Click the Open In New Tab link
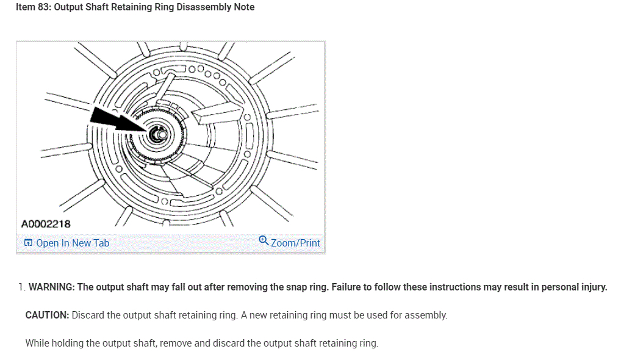point(73,243)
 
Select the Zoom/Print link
point(295,243)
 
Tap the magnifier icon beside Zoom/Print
point(264,240)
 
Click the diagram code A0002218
point(46,224)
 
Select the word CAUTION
point(47,315)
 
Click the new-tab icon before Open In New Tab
point(28,243)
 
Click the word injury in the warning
point(592,287)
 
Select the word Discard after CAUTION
point(88,315)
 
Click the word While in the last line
point(38,343)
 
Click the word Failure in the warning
point(348,287)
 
